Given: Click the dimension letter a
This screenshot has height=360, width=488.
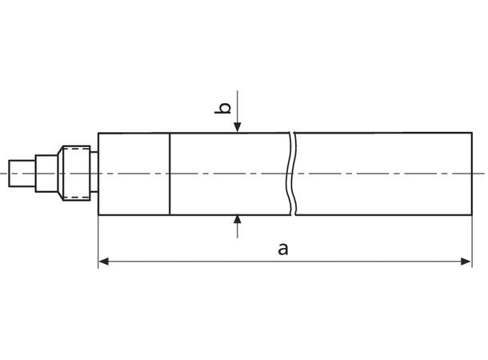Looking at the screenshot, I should click(x=282, y=249).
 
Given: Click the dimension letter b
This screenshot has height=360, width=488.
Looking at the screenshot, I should click(x=226, y=107).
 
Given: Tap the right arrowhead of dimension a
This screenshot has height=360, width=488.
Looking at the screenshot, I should click(x=466, y=261).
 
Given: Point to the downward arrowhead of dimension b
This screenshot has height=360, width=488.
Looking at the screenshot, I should click(x=238, y=127).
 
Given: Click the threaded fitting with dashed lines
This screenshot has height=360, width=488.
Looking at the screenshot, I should click(x=75, y=174).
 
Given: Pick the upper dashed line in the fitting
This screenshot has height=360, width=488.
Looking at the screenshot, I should click(x=75, y=151).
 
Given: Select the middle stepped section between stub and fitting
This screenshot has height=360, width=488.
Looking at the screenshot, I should click(x=47, y=174).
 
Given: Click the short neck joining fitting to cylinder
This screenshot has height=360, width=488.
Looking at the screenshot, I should click(x=94, y=174).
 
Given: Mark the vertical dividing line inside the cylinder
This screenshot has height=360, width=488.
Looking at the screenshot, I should click(x=170, y=174).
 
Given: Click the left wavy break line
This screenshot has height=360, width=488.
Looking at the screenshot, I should click(x=288, y=174).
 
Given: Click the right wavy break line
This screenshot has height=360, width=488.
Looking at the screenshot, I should click(x=295, y=174).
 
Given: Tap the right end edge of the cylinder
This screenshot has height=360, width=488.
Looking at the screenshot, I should click(x=472, y=174).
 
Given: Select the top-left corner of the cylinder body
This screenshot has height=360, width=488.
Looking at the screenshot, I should click(x=98, y=133).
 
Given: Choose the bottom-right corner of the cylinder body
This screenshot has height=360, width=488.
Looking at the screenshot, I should click(x=472, y=215).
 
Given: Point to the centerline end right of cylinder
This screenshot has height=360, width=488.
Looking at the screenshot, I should click(x=481, y=174).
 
